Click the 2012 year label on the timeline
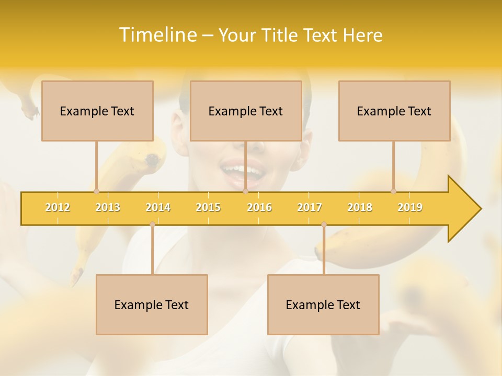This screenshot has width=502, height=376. point(58,207)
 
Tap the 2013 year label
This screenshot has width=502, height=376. point(108,207)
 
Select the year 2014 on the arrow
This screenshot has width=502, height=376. point(158,207)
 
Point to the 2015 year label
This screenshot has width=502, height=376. point(208,207)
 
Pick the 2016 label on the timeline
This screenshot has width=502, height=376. point(259,207)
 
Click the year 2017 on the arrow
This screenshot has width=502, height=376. point(310,207)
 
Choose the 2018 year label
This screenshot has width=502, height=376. point(360,207)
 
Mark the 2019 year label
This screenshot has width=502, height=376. point(410,207)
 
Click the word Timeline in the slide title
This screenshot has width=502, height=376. point(157,35)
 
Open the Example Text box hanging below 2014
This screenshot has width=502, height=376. point(152,304)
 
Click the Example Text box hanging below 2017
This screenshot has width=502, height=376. point(323,304)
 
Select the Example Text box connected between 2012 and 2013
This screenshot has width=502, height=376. point(97,111)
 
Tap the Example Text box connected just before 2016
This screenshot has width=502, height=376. point(246,111)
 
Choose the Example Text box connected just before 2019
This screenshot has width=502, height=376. point(394,111)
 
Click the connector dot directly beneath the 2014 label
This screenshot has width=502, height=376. point(152,224)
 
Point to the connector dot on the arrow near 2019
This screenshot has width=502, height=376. point(394,191)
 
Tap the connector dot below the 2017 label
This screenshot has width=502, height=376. point(324,224)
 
